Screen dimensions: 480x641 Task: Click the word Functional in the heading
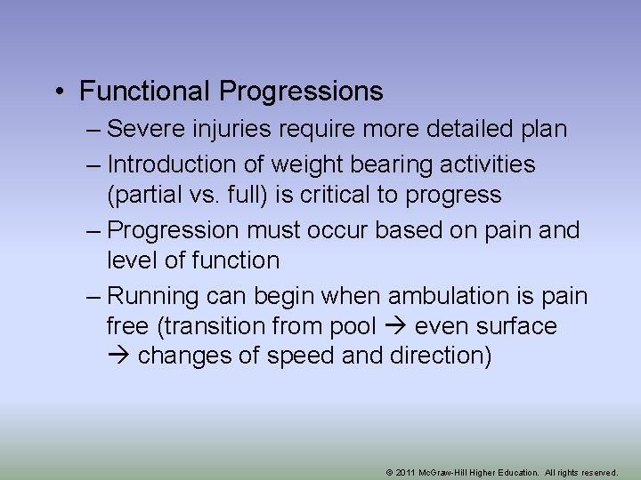click(146, 91)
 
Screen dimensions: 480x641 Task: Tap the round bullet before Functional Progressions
click(58, 92)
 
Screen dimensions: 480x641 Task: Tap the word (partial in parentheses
click(143, 195)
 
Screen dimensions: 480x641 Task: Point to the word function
click(235, 260)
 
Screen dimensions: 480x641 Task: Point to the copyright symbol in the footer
click(390, 473)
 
